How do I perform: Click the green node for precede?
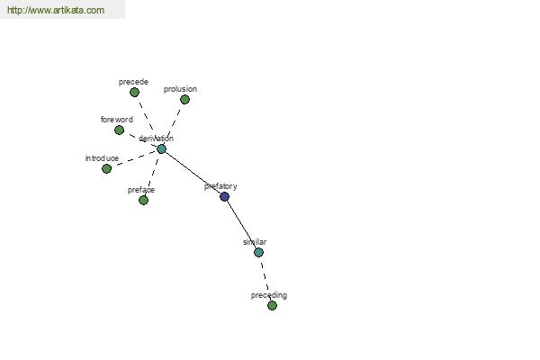[x=134, y=93]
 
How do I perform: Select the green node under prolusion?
[x=184, y=100]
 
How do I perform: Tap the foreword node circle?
[x=119, y=130]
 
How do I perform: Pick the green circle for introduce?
[x=107, y=169]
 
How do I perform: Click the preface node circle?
[x=144, y=200]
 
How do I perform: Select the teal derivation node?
[x=161, y=148]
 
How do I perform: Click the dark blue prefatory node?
[x=224, y=197]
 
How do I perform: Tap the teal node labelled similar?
[x=258, y=253]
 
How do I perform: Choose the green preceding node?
[x=272, y=306]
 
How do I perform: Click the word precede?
[x=133, y=82]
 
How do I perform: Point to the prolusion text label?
[x=180, y=89]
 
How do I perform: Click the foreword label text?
[x=117, y=120]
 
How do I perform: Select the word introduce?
[x=102, y=158]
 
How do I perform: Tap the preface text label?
[x=141, y=190]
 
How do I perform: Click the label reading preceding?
[x=268, y=295]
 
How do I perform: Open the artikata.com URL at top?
[x=56, y=10]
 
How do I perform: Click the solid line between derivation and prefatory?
[x=193, y=172]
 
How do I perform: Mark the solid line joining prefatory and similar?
[x=242, y=224]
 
